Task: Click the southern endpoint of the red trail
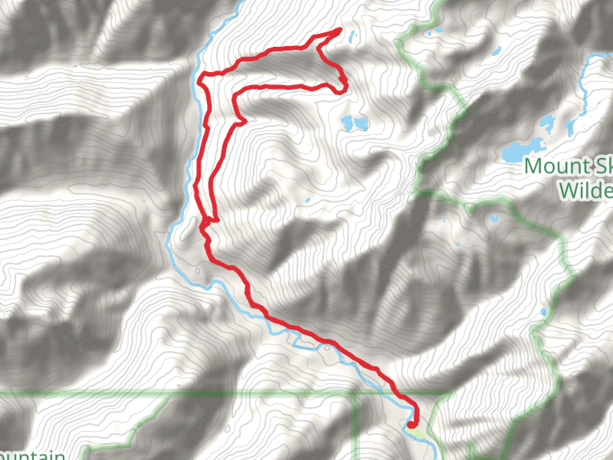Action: click(x=411, y=425)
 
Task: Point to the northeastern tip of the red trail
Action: click(x=339, y=31)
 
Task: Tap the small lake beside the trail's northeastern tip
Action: click(x=353, y=36)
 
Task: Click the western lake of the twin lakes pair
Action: click(x=349, y=121)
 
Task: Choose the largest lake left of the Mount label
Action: click(x=524, y=149)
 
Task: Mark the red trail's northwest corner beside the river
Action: click(x=201, y=77)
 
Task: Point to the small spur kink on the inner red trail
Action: click(x=242, y=120)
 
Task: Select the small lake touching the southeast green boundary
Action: click(x=543, y=314)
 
